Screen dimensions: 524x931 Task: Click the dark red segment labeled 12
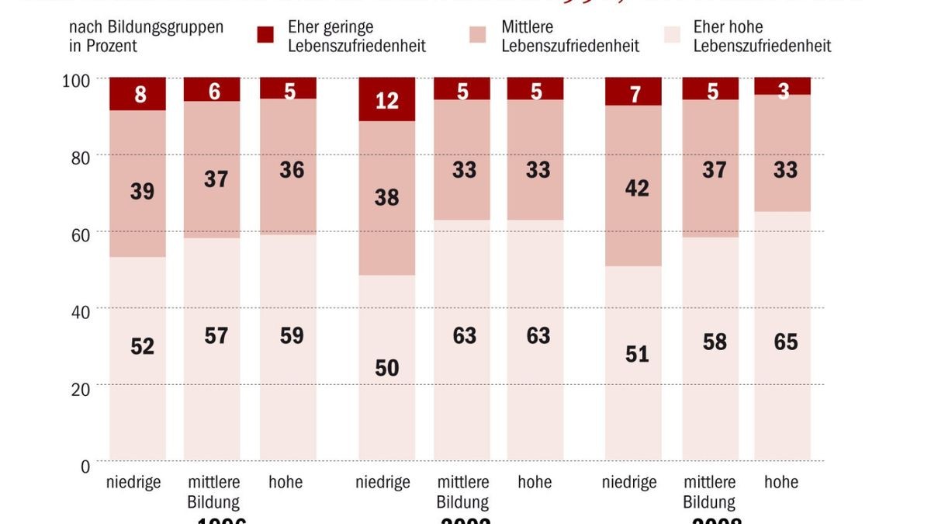[x=386, y=99]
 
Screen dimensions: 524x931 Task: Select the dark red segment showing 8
[x=137, y=94]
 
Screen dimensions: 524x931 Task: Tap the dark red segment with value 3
[x=782, y=86]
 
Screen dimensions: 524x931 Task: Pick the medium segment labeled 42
[x=633, y=186]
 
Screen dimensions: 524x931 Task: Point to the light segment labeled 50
[x=386, y=366]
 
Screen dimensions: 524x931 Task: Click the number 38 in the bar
[x=386, y=197]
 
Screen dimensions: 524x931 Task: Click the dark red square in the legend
[x=265, y=35]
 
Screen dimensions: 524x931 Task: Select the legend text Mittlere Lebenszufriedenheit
[x=570, y=36]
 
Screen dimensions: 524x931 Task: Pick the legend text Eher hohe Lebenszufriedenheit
[x=761, y=36]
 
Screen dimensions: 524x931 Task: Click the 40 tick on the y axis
[x=81, y=311]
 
